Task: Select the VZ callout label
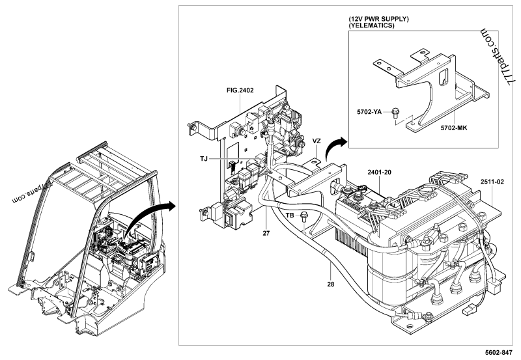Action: [x=317, y=141]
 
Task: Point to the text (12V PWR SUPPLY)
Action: [x=378, y=20]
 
